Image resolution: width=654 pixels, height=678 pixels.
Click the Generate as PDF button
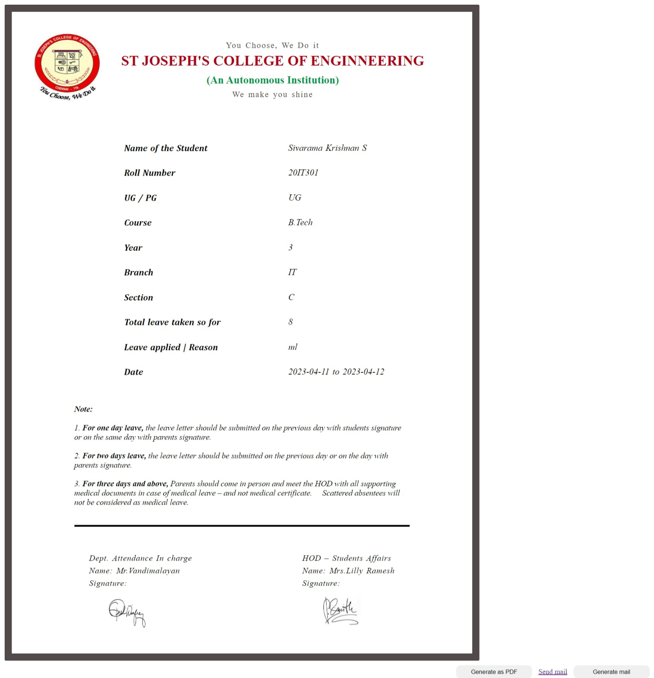pyautogui.click(x=494, y=671)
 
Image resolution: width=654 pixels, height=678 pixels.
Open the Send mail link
pyautogui.click(x=552, y=671)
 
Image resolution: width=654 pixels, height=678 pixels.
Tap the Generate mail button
pyautogui.click(x=611, y=671)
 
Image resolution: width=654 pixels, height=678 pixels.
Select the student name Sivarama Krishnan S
pyautogui.click(x=327, y=148)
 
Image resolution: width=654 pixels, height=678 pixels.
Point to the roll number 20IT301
pyautogui.click(x=303, y=173)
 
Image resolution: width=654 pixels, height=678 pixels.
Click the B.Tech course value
pyautogui.click(x=300, y=222)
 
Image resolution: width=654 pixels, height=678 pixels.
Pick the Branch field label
pyautogui.click(x=139, y=272)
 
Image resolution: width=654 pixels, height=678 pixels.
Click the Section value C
pyautogui.click(x=291, y=297)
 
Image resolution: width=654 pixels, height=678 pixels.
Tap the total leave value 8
pyautogui.click(x=290, y=322)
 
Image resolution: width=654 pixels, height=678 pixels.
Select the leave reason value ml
pyautogui.click(x=292, y=347)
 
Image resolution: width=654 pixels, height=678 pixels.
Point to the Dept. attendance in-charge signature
pyautogui.click(x=127, y=612)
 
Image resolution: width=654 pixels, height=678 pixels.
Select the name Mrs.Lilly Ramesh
pyautogui.click(x=362, y=571)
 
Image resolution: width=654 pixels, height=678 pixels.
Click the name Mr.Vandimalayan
pyautogui.click(x=148, y=571)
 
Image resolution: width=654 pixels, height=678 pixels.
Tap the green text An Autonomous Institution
pyautogui.click(x=273, y=80)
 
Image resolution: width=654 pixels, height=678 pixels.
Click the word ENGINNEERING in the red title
pyautogui.click(x=367, y=61)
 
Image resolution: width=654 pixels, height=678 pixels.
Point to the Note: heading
pyautogui.click(x=83, y=409)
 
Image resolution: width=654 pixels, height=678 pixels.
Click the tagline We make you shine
pyautogui.click(x=272, y=94)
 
